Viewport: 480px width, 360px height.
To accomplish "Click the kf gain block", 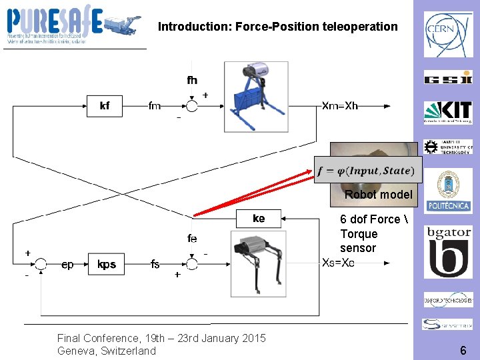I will click(x=105, y=105).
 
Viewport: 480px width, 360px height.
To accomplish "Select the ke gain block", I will click(x=259, y=219).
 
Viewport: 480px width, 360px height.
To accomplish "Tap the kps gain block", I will click(x=107, y=265).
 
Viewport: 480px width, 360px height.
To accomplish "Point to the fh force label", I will click(x=192, y=80).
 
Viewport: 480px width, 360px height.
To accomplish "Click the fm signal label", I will click(x=154, y=105).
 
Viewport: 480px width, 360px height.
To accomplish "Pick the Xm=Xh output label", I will click(x=340, y=105).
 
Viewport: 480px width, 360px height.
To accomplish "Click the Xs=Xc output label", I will click(x=339, y=263).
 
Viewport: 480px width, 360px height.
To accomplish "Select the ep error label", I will click(x=67, y=265).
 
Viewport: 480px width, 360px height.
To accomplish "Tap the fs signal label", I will click(x=155, y=265).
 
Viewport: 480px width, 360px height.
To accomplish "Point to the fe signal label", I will click(x=192, y=239).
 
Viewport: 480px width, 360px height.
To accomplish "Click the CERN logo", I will click(x=448, y=35).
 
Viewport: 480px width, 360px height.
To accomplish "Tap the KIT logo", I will click(x=448, y=112).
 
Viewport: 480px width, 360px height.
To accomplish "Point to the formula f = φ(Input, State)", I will click(x=366, y=171).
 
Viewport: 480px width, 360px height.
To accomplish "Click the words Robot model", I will click(x=378, y=195).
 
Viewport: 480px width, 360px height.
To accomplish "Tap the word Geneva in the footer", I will click(x=76, y=351).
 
